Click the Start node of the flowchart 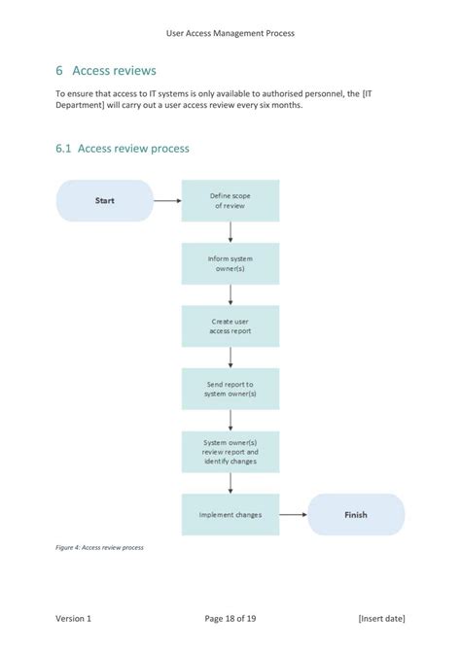[105, 201]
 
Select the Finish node [356, 514]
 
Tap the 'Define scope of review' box [230, 201]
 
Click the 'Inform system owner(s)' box [230, 263]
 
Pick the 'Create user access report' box [230, 326]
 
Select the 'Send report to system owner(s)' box [230, 389]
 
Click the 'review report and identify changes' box [230, 451]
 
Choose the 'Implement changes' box [230, 514]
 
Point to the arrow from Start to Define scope [167, 201]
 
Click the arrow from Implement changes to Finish [293, 514]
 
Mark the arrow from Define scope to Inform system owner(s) [230, 232]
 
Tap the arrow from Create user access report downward [230, 358]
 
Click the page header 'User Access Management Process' [230, 33]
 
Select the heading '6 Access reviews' [106, 71]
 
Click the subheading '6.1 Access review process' [123, 149]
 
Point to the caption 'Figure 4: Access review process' [99, 548]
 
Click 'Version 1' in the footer [74, 618]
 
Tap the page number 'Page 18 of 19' [230, 618]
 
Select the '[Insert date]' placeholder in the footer [381, 618]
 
